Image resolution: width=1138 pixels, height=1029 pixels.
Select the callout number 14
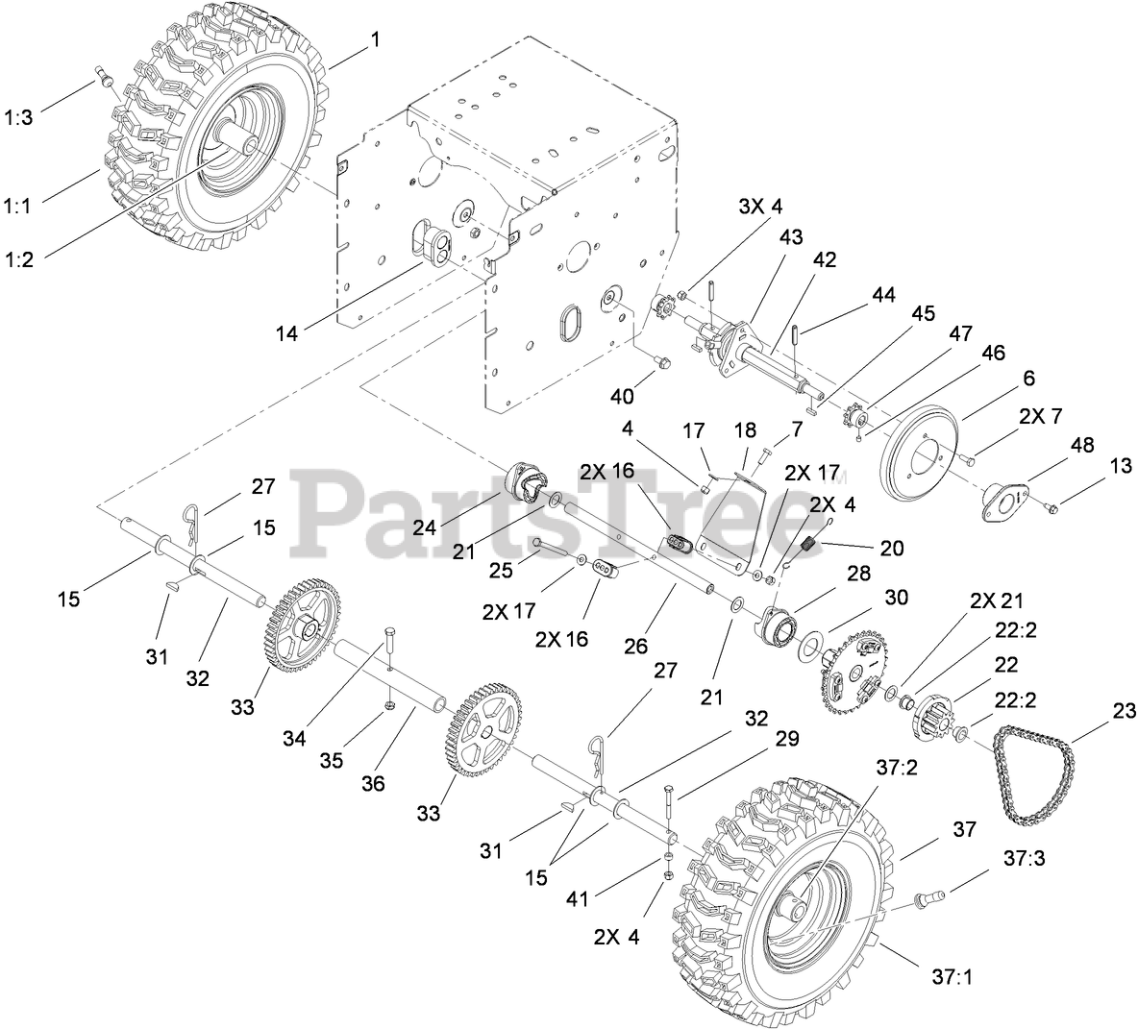pyautogui.click(x=287, y=333)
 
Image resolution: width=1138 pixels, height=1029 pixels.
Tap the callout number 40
pyautogui.click(x=623, y=396)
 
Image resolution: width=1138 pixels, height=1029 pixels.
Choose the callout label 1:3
pyautogui.click(x=18, y=118)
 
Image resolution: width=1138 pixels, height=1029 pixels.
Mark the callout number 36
pyautogui.click(x=373, y=784)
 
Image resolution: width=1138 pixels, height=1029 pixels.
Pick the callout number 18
pyautogui.click(x=746, y=431)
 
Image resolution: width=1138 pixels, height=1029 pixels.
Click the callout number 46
pyautogui.click(x=993, y=354)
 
